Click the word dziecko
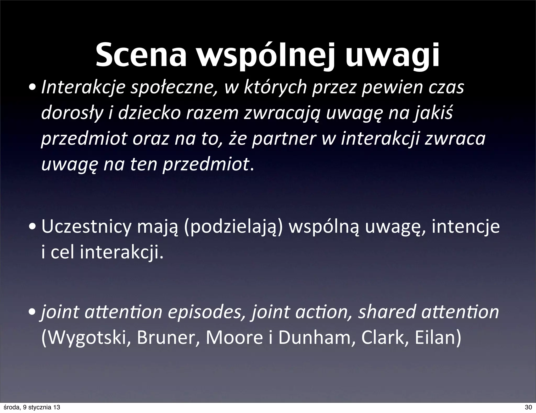click(x=149, y=114)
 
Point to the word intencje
click(x=466, y=227)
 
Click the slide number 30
click(x=528, y=407)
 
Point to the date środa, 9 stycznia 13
click(x=31, y=407)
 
